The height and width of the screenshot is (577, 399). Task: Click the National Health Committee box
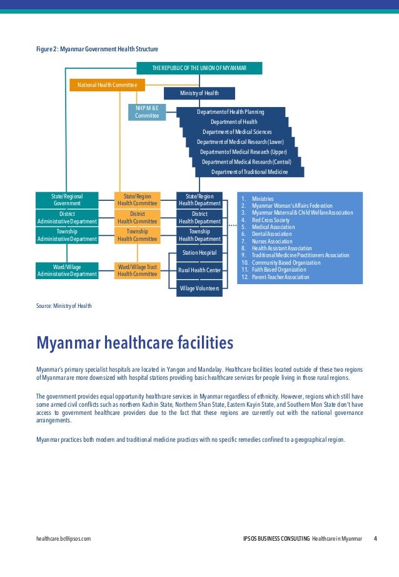pos(108,84)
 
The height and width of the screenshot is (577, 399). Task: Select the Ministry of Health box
pos(199,93)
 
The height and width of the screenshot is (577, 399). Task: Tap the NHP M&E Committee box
pos(147,112)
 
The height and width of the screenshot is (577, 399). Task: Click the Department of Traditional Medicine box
pos(250,172)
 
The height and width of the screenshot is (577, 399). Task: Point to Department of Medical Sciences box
pos(236,131)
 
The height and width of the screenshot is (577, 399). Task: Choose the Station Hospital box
pos(199,253)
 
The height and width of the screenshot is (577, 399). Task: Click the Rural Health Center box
pos(199,270)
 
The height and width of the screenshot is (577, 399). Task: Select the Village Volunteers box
pos(199,288)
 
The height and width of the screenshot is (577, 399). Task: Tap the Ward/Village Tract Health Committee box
pos(138,270)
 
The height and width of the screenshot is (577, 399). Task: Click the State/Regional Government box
pos(67,200)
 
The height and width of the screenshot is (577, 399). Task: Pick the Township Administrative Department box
pos(67,235)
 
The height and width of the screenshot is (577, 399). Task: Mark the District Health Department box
pos(199,217)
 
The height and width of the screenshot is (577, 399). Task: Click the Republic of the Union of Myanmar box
pos(199,68)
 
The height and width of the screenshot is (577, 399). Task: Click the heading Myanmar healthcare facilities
pos(135,343)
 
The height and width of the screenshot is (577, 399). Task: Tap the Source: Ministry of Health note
pos(64,305)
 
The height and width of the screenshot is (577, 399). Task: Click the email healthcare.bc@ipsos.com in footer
pos(64,539)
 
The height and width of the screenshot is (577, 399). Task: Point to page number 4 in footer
pos(375,539)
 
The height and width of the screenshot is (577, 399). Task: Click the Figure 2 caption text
pos(97,49)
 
